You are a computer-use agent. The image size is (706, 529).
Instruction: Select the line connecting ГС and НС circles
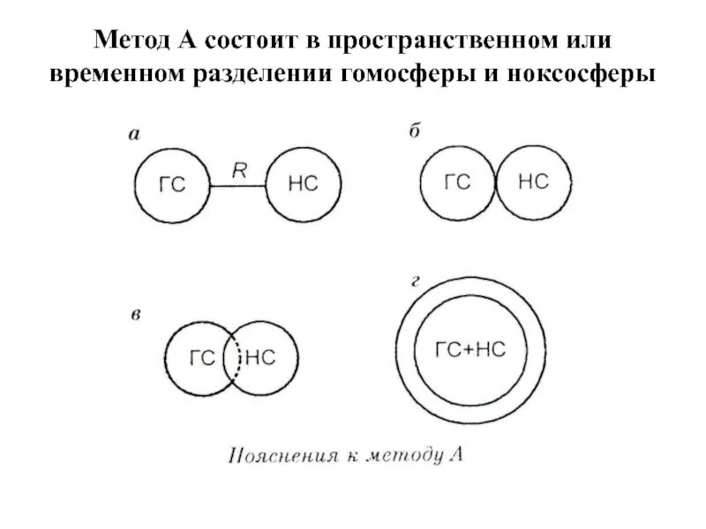(x=238, y=185)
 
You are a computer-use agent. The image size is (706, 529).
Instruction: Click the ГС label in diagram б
(x=457, y=182)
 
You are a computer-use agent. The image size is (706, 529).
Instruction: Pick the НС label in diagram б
(x=533, y=182)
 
